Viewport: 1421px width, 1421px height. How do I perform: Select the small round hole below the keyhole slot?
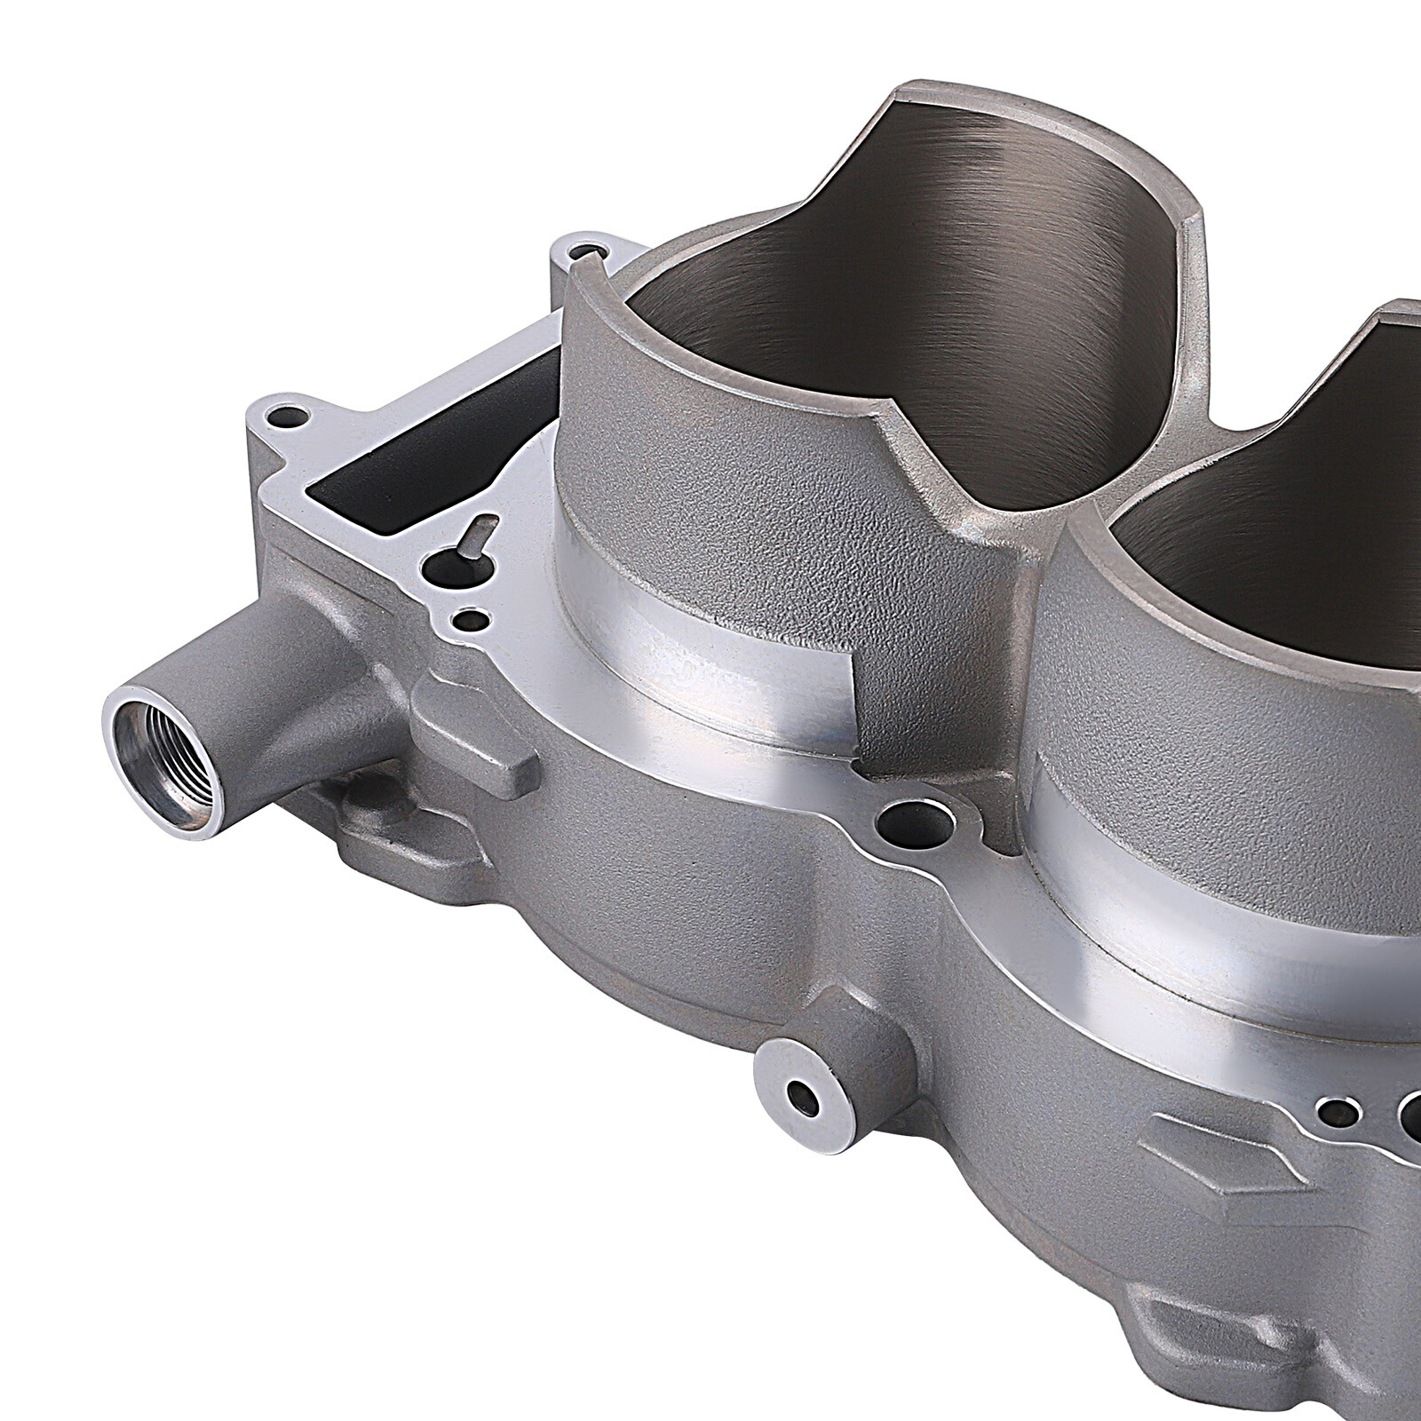point(470,616)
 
